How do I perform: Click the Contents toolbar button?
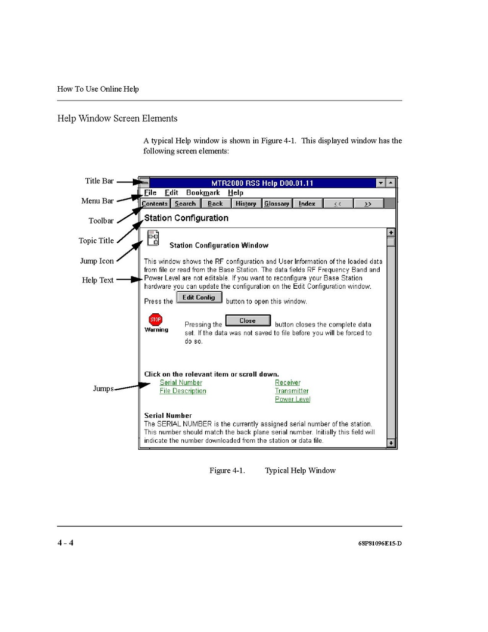[155, 203]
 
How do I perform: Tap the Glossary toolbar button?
[277, 203]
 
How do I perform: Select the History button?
[245, 203]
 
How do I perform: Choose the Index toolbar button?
[307, 203]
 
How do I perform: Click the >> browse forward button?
[368, 203]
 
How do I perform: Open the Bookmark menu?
[203, 193]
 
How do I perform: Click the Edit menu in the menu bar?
[171, 193]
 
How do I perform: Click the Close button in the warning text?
[248, 321]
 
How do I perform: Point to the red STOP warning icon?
[155, 320]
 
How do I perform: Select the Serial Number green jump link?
[181, 382]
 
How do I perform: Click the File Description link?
[183, 391]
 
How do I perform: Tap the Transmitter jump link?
[292, 391]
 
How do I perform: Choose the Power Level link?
[293, 399]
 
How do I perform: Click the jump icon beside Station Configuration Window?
[153, 238]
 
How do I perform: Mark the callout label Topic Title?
[96, 241]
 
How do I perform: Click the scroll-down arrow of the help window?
[391, 443]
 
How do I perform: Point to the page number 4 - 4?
[66, 543]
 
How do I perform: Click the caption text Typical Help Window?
[300, 471]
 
